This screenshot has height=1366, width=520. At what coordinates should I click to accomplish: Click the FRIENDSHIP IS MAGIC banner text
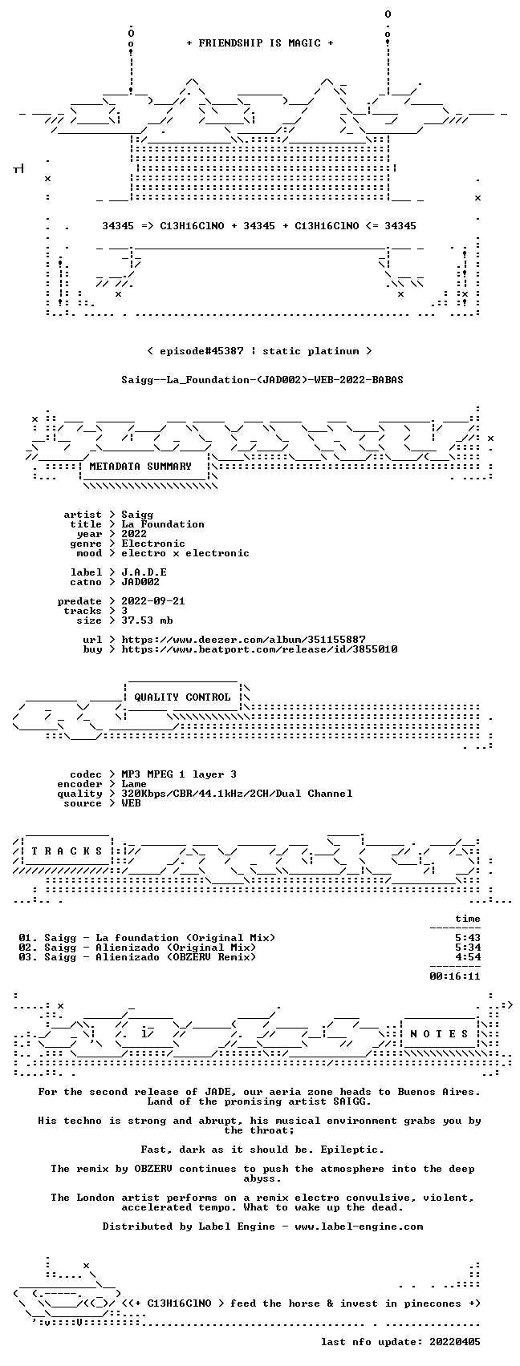259,42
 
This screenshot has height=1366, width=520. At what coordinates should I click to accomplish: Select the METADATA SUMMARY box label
140,467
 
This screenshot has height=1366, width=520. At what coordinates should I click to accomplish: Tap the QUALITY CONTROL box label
182,697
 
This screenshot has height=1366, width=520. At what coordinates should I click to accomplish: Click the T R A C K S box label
67,851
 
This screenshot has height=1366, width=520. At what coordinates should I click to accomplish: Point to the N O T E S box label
440,1033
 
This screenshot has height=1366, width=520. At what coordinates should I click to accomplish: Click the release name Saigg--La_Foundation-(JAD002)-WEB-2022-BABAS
262,380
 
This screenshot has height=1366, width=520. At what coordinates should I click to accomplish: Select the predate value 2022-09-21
153,601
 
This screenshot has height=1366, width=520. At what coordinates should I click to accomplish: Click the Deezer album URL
243,640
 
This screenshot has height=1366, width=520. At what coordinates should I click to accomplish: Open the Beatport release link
259,649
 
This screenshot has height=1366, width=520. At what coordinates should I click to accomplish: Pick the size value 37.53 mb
147,620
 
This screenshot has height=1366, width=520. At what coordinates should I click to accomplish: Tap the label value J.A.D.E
144,572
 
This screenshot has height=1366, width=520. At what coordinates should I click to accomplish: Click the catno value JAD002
140,582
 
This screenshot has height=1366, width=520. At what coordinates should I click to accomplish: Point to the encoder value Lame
134,784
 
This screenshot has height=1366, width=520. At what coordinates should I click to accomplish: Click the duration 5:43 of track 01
468,938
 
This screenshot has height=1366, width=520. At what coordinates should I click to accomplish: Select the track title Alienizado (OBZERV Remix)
176,957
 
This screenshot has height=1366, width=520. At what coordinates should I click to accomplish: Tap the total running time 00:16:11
455,976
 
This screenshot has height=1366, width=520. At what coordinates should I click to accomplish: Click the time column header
468,919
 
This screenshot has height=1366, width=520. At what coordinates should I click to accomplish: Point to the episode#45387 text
201,351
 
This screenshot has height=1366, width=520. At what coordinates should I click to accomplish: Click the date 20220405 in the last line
455,1342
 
